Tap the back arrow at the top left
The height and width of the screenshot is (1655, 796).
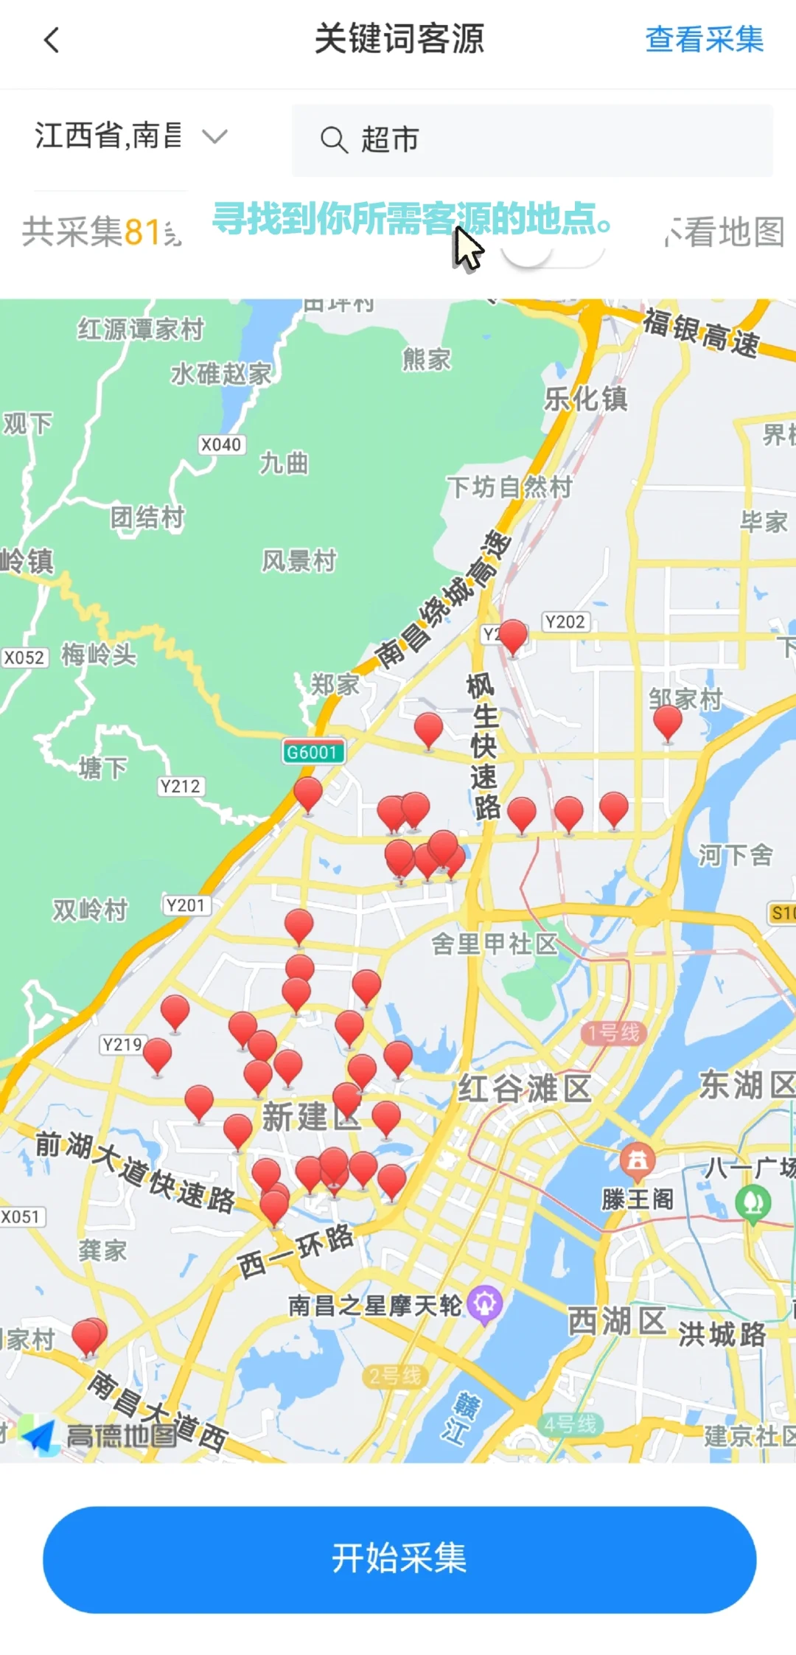(52, 40)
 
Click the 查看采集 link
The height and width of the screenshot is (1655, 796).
(704, 39)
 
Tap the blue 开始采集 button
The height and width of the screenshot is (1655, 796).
(399, 1558)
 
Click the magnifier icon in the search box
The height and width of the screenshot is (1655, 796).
(334, 139)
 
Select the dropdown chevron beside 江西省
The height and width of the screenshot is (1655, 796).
(214, 136)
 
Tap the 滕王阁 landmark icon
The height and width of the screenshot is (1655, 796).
(638, 1160)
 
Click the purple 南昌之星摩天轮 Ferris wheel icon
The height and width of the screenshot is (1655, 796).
(484, 1303)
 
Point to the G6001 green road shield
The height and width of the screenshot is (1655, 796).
(313, 752)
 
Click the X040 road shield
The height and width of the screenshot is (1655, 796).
(221, 445)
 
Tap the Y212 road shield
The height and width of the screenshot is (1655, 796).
(181, 787)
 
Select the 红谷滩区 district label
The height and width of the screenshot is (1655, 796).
(525, 1088)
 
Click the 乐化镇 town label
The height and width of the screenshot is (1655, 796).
(586, 399)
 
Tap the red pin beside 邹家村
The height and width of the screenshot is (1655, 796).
(668, 722)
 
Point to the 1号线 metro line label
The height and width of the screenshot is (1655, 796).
(613, 1033)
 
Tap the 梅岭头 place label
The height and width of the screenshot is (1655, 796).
(99, 655)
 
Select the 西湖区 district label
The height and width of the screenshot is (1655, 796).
(617, 1321)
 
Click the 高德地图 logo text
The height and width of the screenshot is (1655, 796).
(122, 1435)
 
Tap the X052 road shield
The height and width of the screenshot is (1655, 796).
(24, 658)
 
